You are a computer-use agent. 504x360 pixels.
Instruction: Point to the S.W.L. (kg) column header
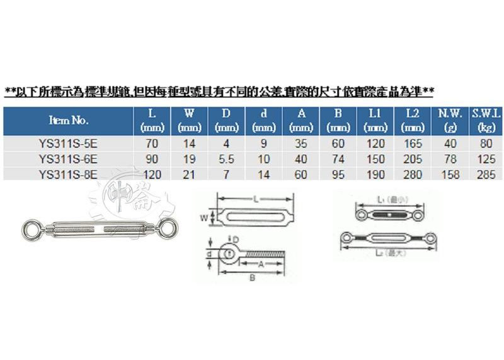point(486,120)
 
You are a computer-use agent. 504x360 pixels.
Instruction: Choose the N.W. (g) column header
point(450,120)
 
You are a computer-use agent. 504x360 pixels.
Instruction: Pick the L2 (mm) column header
point(413,120)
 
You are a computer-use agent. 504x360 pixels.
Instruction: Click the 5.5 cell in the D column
point(227,159)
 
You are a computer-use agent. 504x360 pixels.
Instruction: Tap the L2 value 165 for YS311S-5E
point(413,143)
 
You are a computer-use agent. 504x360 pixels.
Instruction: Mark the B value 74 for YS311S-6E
point(338,159)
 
